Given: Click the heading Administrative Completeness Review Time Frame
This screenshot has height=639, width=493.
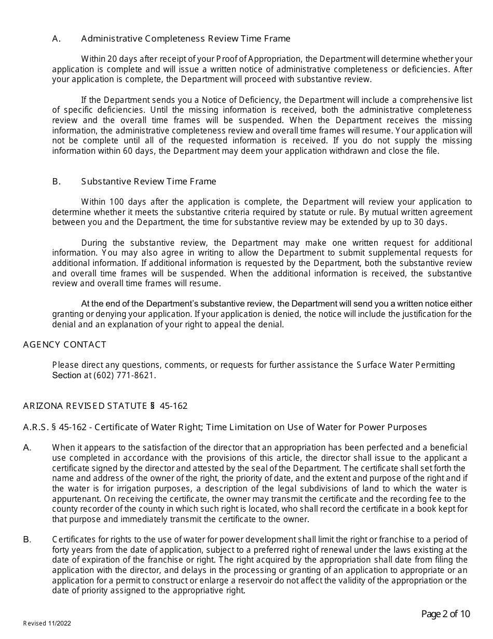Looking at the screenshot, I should point(185,38).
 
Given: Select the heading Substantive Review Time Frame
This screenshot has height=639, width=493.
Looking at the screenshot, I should point(148,181).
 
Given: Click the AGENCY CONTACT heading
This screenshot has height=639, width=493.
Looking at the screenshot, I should point(65,344).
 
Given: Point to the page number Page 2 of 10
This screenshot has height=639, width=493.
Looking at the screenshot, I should point(445,614).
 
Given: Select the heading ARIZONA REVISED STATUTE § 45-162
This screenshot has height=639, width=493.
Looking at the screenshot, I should point(105,406).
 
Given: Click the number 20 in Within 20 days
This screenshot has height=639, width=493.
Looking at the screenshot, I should point(105,59).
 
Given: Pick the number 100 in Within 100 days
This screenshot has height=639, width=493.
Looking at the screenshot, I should point(108,202).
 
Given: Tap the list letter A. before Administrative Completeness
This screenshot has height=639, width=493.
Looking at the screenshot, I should point(57,38).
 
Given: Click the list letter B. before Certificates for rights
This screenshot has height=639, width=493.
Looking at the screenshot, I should point(28,540).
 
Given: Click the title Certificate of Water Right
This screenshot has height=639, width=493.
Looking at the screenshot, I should point(139,427).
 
